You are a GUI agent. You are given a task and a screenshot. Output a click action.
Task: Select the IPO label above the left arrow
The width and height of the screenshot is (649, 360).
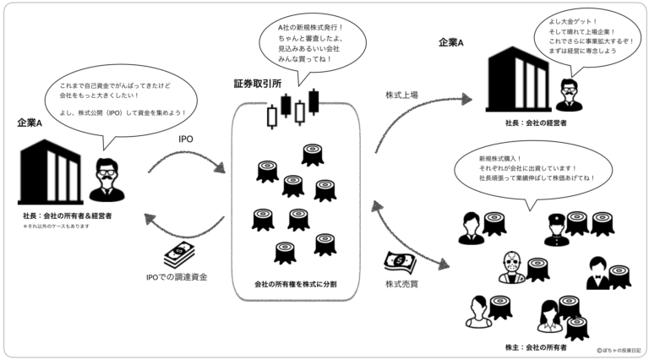[x=188, y=139]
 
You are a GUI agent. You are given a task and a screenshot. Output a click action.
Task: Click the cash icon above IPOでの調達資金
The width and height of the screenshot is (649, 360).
[x=178, y=254]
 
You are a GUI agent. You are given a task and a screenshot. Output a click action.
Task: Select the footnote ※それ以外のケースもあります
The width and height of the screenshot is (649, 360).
[x=56, y=226]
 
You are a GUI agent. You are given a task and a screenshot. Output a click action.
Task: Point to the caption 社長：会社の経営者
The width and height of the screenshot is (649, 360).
[x=538, y=123]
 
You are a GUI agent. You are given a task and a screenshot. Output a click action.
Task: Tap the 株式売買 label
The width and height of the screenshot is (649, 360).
[x=402, y=283]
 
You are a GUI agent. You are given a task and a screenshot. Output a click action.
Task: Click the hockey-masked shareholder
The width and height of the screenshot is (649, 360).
[x=510, y=267]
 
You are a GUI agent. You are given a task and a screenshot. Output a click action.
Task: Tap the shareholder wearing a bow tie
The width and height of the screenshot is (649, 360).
[x=597, y=272]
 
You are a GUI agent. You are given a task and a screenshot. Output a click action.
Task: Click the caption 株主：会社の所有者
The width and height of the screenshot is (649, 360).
[x=537, y=347]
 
